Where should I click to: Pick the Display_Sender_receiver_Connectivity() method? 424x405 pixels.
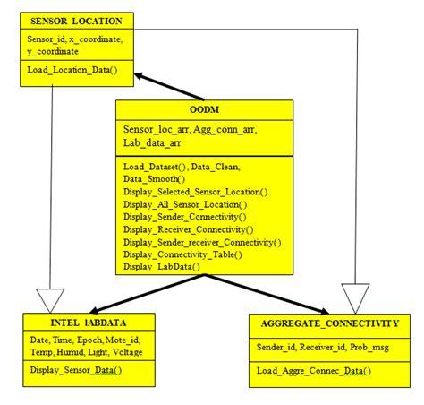tap(202, 241)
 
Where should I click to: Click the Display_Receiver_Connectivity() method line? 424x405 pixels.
tap(190, 228)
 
